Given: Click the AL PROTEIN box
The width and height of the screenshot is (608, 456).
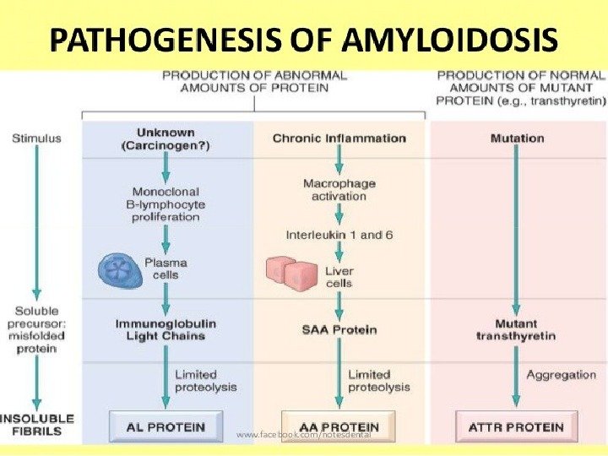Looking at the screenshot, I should coord(166,426).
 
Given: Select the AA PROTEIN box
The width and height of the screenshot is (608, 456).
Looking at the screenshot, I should coord(338,426).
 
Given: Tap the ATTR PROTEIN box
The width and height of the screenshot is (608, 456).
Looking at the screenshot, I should coord(516,426).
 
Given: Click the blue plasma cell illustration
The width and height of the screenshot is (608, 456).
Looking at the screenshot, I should coord(121,271).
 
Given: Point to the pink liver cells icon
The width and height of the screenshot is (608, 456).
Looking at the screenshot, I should coord(290,269).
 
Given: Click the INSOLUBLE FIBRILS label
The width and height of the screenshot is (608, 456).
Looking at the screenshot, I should coord(36,425).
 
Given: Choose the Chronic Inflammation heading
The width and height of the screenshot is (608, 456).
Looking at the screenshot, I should coord(339,138).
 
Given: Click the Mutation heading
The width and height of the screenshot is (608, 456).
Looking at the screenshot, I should coord(516,138).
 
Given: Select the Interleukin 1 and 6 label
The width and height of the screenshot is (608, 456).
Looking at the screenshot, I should coord(339,234).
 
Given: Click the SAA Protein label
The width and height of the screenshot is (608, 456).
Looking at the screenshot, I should coord(339,329).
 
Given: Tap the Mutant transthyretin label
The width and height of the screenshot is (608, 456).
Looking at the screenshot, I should coord(516,329).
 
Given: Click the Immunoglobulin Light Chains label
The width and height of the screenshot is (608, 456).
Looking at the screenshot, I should coord(166,329).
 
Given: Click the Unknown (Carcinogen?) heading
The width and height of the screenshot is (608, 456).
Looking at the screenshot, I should coord(166,138).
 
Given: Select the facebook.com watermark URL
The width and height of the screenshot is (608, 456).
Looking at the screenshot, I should coord(304,434).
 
